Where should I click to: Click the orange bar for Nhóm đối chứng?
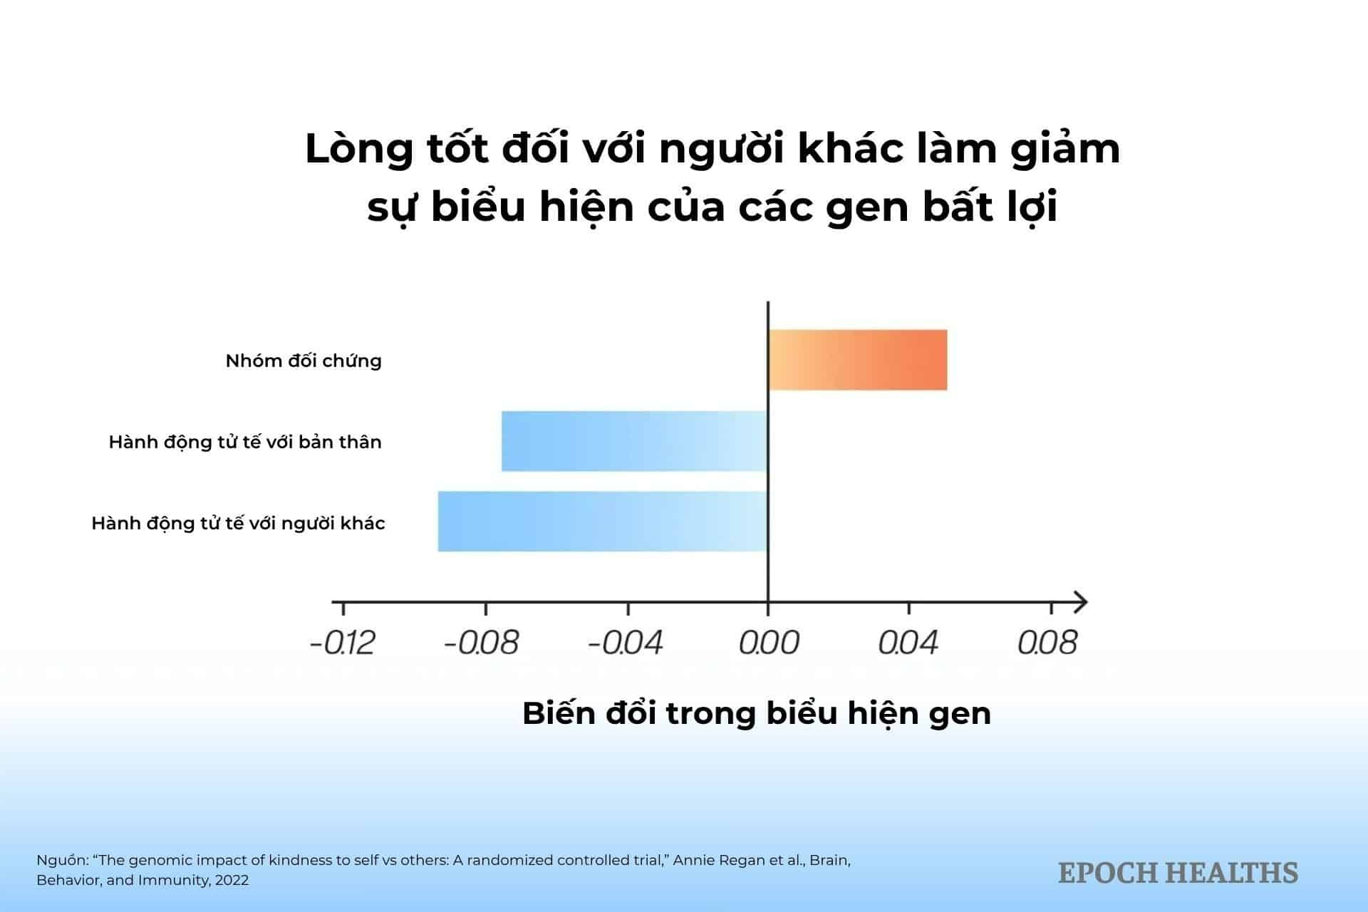858,360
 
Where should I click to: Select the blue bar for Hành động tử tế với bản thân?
634,441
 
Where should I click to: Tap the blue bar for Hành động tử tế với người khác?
602,522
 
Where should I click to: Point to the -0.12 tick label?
343,643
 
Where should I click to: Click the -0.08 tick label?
481,643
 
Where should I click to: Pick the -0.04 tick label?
625,643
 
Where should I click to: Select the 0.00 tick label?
769,643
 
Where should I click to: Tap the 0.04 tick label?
908,643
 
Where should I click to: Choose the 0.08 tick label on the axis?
1047,643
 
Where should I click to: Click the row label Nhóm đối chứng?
304,361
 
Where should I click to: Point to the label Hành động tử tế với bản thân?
245,442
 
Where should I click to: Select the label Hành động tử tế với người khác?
238,524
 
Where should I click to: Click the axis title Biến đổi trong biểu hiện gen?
757,714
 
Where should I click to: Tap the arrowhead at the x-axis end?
1080,603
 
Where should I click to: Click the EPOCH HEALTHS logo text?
1178,873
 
